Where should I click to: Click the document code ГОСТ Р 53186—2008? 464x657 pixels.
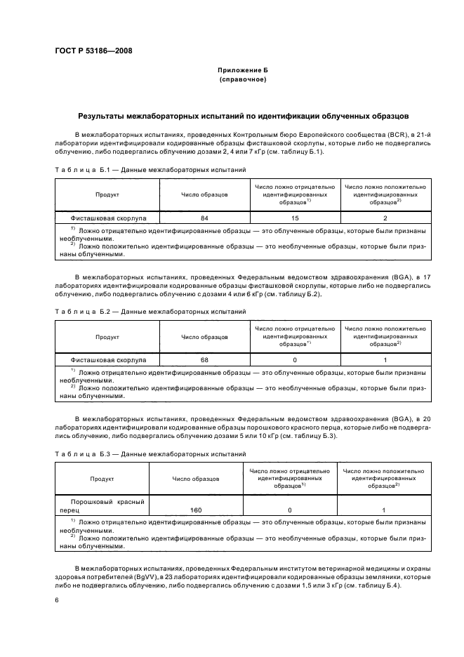pyautogui.click(x=93, y=51)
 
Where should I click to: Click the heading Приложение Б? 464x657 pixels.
pyautogui.click(x=243, y=71)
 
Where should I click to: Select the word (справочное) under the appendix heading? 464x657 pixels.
pyautogui.click(x=243, y=80)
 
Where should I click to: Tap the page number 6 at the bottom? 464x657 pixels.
pyautogui.click(x=56, y=600)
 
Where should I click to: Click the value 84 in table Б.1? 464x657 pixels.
pyautogui.click(x=204, y=218)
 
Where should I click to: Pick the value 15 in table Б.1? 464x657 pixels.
pyautogui.click(x=295, y=218)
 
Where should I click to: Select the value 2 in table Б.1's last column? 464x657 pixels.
pyautogui.click(x=385, y=218)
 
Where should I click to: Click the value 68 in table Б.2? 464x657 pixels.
pyautogui.click(x=204, y=359)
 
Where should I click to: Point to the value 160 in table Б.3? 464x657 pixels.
pyautogui.click(x=196, y=510)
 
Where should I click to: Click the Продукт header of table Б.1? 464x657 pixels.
pyautogui.click(x=107, y=195)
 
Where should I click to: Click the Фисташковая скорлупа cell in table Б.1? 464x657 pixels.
pyautogui.click(x=107, y=218)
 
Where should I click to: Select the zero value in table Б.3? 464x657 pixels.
pyautogui.click(x=289, y=510)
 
